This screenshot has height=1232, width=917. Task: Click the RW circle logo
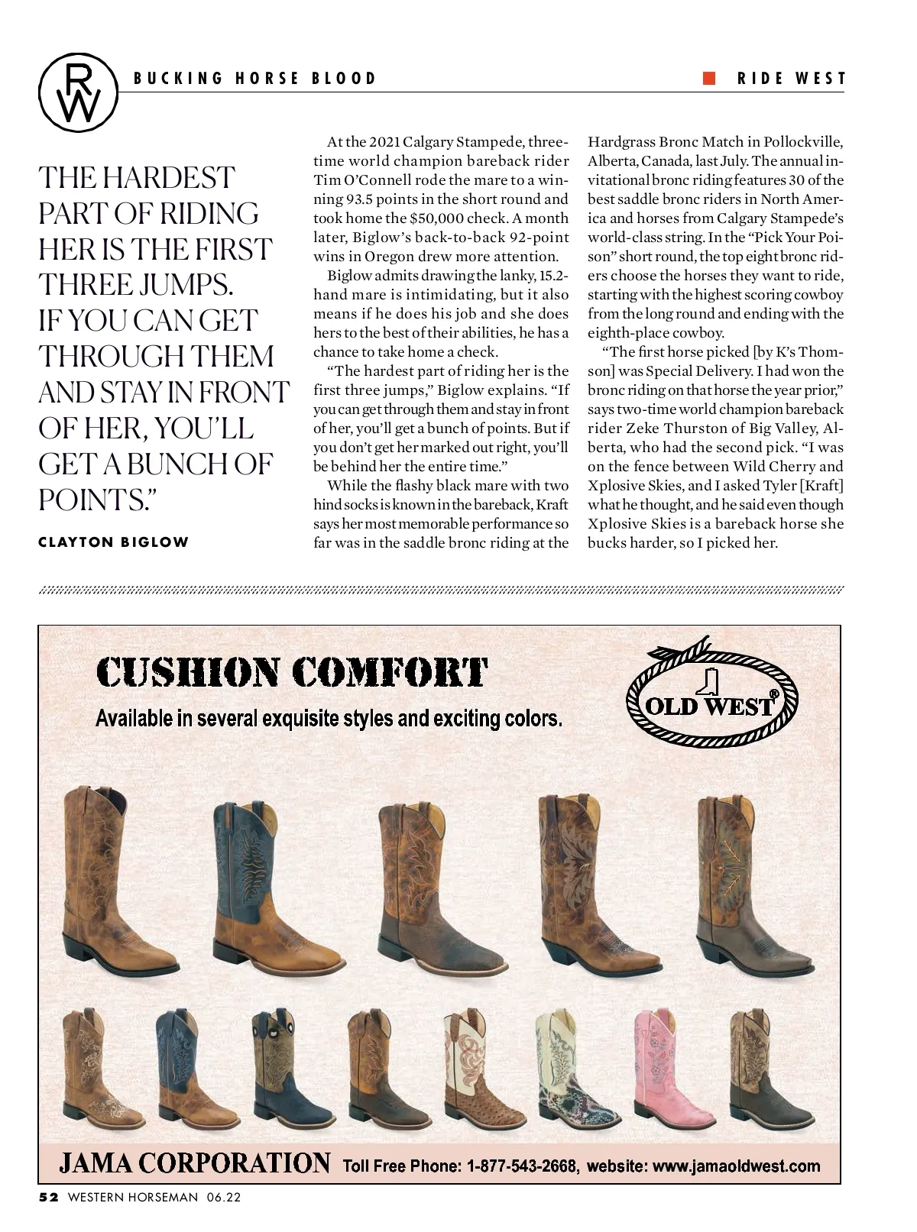coord(78,90)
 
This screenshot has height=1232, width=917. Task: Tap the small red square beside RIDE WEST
coord(709,77)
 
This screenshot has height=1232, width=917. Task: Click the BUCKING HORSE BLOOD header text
coord(255,78)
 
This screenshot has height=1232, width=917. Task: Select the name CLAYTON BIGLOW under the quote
coord(113,542)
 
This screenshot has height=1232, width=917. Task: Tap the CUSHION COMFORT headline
coord(292,673)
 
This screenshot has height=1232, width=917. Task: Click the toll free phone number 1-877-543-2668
coord(522,1166)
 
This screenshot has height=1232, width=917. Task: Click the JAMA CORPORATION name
coord(195,1163)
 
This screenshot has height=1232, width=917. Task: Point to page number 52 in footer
coord(49,1198)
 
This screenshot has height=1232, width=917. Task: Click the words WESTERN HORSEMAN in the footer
coord(133,1198)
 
